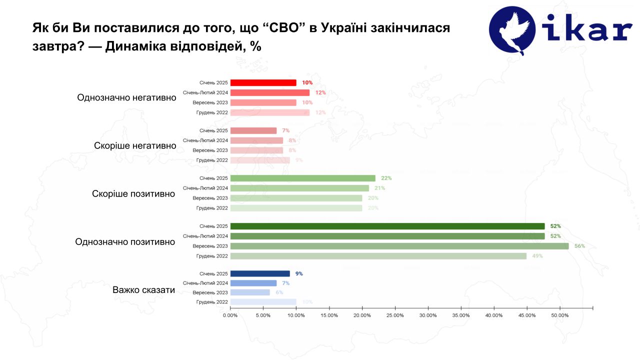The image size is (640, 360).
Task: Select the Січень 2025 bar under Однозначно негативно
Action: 263,82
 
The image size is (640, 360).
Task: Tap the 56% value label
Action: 579,246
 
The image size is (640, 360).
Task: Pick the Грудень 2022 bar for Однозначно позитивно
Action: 378,256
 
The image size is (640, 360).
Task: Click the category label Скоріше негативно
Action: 135,145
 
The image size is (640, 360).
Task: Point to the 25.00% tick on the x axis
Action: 395,315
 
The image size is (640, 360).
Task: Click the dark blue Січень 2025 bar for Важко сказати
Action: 260,273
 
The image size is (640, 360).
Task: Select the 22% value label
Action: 386,178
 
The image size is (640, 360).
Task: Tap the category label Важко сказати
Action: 143,289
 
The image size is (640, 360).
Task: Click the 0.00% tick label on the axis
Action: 230,315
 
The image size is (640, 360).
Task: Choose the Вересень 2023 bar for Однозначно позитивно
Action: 399,246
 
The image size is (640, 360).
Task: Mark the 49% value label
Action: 537,256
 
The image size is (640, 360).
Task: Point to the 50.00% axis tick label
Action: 560,315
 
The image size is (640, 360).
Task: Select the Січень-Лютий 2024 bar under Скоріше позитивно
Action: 299,188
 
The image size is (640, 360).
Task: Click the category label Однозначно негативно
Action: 126,97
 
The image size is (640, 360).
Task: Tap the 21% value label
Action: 379,188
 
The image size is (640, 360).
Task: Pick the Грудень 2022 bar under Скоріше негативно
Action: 260,160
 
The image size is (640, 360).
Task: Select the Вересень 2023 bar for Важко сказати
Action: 250,292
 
